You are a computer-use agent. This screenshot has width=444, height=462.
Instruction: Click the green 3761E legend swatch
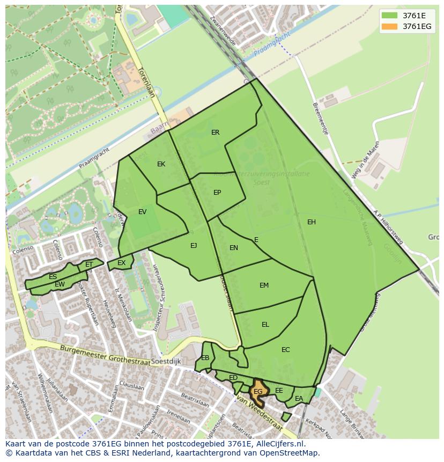390,16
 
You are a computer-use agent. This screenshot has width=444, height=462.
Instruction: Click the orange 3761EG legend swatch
390,26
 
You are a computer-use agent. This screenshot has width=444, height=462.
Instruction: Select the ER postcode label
215,133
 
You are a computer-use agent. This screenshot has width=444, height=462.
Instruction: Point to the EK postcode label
161,164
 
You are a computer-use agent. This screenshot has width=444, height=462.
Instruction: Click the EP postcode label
217,193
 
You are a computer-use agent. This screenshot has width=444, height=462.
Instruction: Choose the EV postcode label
142,212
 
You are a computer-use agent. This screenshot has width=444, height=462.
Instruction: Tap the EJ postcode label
194,246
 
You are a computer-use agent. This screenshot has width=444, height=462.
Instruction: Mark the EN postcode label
234,248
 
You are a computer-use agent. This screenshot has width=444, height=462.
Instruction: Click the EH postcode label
312,222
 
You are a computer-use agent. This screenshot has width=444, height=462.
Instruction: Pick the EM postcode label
264,285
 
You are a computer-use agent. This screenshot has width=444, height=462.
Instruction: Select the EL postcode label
265,325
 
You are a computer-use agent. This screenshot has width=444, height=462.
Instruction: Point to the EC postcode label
285,350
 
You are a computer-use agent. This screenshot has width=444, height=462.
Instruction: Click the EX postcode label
122,263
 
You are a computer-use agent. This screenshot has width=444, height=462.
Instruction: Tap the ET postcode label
89,265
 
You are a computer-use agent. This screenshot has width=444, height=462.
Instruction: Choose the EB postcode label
205,358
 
